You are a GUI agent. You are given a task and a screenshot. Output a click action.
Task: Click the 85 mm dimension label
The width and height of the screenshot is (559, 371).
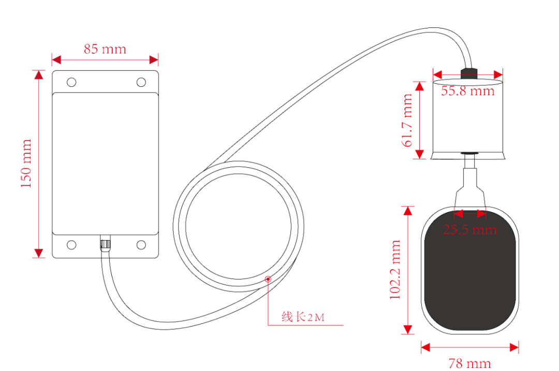[105, 49]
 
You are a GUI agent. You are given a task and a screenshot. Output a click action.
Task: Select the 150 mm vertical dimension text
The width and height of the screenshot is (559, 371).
[26, 164]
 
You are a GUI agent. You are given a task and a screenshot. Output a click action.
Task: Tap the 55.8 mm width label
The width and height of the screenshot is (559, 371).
[467, 91]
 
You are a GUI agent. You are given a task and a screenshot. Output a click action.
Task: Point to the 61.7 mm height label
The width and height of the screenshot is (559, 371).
[408, 120]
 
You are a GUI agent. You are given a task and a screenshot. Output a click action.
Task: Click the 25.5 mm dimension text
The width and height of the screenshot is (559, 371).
[469, 229]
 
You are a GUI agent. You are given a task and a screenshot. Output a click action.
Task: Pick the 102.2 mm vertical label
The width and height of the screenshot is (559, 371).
[395, 270]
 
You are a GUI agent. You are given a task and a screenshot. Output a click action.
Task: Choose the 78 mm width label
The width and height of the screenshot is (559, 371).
[470, 363]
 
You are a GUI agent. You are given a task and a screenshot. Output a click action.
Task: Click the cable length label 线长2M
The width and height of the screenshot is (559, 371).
[303, 317]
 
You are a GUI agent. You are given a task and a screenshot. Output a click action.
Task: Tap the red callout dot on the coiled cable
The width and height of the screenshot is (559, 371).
[268, 279]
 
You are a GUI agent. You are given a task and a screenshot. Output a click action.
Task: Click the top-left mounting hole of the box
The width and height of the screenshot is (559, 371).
[71, 82]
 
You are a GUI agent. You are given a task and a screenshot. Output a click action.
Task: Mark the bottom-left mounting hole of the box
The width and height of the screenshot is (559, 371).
[71, 244]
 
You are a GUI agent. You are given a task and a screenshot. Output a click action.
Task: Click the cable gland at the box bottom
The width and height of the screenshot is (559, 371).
[106, 244]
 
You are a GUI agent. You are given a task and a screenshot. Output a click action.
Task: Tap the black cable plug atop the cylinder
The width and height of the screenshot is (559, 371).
[469, 71]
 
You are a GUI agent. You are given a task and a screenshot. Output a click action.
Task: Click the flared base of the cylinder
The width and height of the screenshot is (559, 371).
[468, 155]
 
